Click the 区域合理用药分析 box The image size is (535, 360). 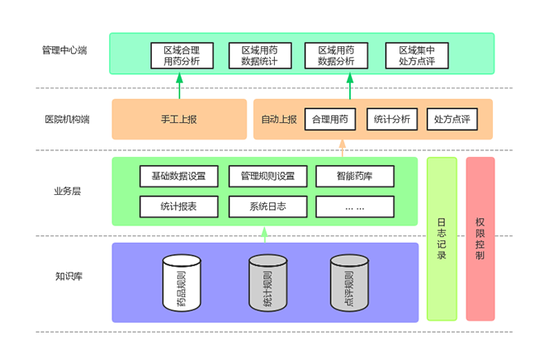[182, 55]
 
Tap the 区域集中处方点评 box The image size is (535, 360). [416, 55]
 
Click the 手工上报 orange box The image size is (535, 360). [179, 119]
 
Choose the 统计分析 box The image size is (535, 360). [391, 119]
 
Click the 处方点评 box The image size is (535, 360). [452, 119]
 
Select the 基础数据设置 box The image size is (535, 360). [179, 176]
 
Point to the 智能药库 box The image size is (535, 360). [354, 176]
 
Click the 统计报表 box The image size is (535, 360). [179, 206]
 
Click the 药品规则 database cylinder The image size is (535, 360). [182, 283]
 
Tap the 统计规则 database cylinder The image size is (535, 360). [267, 283]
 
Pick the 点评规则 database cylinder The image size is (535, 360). [348, 283]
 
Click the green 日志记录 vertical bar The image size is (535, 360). [442, 239]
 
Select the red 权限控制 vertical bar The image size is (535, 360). [481, 239]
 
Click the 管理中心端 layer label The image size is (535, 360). [64, 50]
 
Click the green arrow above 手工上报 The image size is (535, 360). [179, 85]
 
